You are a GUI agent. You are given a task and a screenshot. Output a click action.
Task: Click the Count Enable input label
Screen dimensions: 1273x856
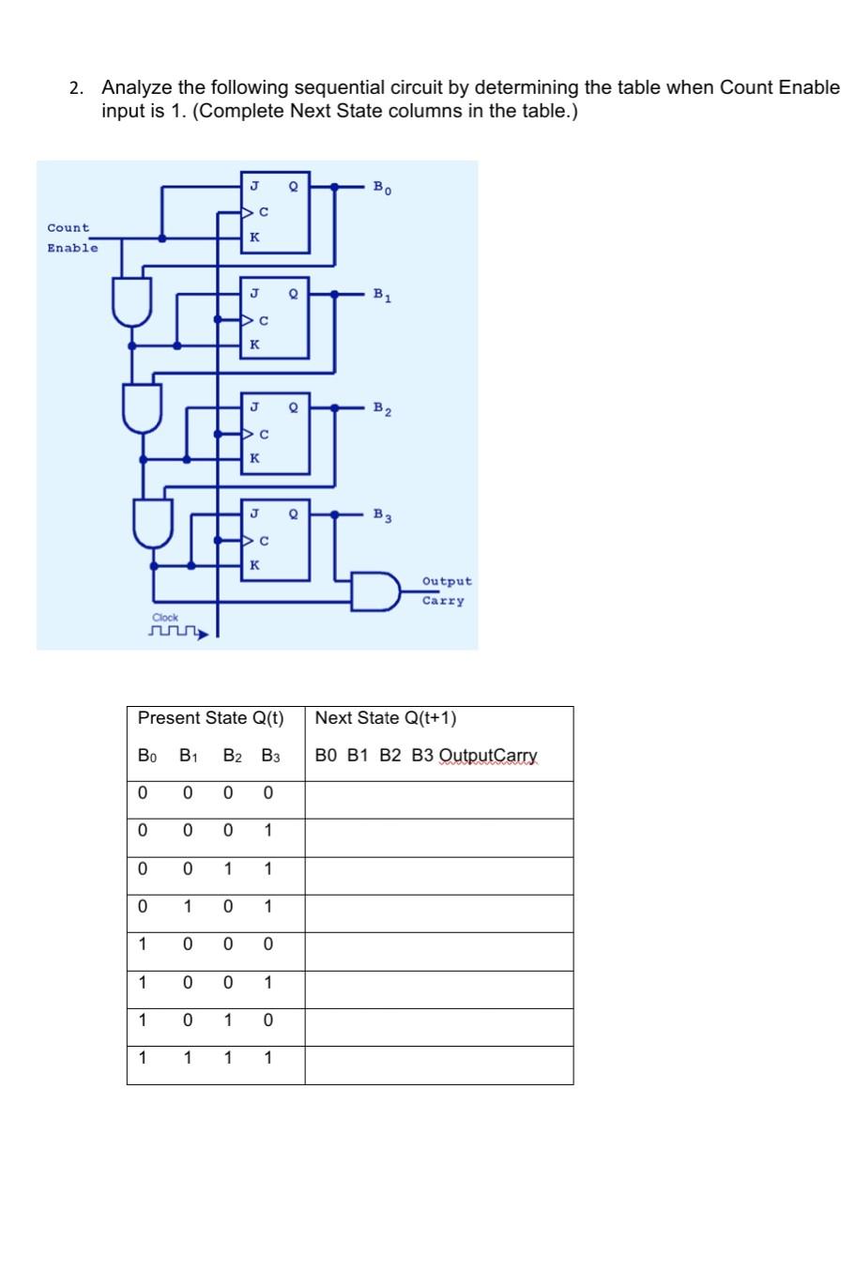71,238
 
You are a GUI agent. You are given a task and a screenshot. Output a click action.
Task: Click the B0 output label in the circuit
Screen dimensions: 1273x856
382,188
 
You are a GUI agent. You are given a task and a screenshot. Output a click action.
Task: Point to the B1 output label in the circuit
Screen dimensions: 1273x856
382,296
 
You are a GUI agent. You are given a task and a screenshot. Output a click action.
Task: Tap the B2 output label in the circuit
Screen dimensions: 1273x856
382,408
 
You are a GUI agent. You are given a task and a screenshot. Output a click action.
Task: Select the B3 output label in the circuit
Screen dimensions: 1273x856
382,515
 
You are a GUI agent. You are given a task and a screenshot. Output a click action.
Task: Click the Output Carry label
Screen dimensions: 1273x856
446,591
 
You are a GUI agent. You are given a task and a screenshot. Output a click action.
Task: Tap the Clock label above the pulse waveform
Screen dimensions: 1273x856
165,617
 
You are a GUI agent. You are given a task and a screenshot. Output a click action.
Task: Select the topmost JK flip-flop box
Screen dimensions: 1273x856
275,212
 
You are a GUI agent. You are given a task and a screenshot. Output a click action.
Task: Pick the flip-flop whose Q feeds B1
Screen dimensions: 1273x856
275,319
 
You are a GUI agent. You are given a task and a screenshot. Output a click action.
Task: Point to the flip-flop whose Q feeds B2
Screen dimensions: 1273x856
275,433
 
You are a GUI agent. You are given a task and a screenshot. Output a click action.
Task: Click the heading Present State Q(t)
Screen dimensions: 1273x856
210,718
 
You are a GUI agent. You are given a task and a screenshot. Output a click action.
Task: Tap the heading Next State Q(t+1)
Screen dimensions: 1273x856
386,718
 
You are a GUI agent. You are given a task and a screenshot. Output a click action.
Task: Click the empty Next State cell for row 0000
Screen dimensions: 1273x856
438,799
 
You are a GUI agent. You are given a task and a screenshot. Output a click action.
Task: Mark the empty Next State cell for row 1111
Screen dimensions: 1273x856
438,1065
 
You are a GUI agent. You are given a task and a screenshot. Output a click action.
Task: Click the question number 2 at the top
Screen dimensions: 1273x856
76,88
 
